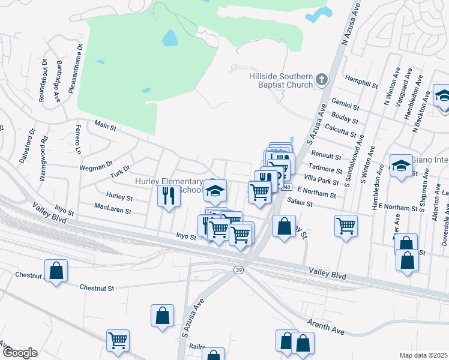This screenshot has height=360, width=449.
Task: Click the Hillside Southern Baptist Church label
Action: [x=281, y=80]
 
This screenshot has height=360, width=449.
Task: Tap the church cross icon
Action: [x=322, y=79]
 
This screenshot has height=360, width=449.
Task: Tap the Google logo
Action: [x=19, y=353]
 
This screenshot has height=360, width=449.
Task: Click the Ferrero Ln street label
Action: [x=77, y=139]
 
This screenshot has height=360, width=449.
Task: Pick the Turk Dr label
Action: [x=120, y=172]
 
